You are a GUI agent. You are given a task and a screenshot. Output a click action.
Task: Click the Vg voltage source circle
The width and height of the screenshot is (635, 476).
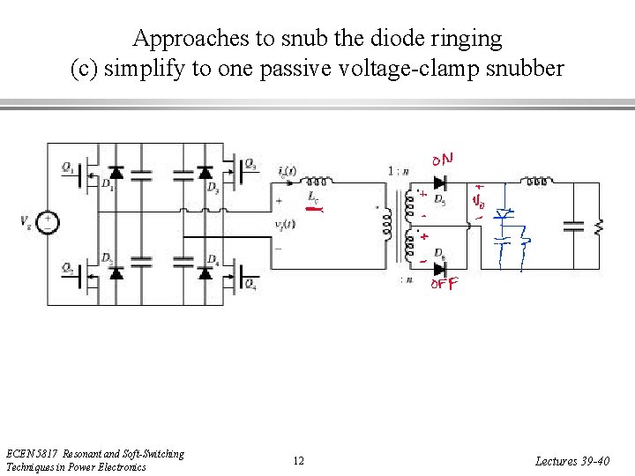click(x=49, y=222)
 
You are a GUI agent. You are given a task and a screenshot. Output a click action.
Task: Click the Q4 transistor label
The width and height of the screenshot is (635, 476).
click(x=251, y=284)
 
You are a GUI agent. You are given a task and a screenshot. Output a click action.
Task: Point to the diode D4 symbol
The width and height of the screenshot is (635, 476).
click(x=205, y=272)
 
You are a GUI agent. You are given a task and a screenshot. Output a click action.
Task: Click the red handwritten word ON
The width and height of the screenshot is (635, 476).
click(x=444, y=160)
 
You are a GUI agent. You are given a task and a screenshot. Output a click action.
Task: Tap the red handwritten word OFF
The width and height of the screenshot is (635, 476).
click(x=444, y=284)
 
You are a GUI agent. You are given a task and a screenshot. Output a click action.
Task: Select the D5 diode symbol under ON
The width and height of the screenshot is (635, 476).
click(x=439, y=184)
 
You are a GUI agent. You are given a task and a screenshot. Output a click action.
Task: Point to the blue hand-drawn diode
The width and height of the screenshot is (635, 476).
click(x=504, y=214)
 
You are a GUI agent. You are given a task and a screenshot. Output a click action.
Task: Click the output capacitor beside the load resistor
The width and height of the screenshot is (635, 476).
click(x=574, y=226)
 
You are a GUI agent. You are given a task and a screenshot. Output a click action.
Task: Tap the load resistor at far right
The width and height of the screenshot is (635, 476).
click(x=600, y=227)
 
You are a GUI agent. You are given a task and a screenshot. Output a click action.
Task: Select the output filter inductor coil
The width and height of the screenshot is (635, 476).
click(x=536, y=182)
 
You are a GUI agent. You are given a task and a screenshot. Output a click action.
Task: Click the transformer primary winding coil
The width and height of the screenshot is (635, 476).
click(x=386, y=226)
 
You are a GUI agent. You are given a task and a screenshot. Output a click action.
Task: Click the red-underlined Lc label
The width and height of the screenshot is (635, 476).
click(x=314, y=200)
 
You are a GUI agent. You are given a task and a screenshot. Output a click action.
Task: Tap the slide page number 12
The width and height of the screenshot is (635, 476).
click(x=299, y=461)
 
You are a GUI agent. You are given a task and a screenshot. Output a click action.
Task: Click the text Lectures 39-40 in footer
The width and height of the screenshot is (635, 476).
click(x=571, y=461)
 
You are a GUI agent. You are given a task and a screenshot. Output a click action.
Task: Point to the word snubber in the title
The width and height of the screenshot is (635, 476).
click(x=522, y=69)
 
